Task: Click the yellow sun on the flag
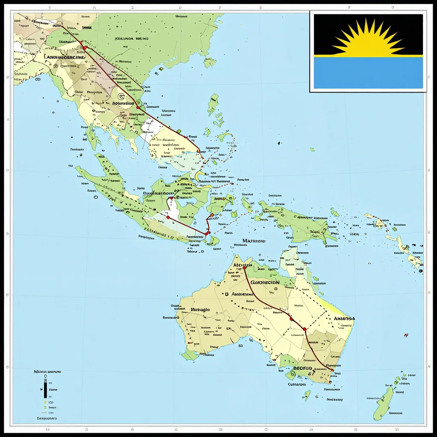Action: click(368, 42)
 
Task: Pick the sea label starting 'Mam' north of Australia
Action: click(253, 241)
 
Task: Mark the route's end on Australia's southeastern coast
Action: click(332, 370)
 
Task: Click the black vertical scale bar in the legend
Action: click(45, 389)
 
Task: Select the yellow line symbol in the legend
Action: click(44, 402)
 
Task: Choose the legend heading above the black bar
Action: click(47, 372)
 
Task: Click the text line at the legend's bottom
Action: click(47, 419)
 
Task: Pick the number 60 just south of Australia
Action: click(241, 346)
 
